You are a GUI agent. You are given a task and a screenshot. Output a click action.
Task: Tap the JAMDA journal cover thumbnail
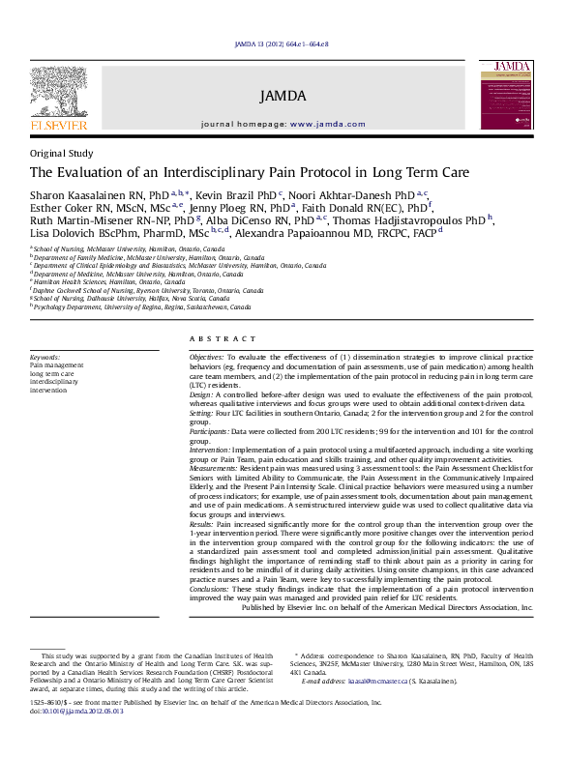coord(506,94)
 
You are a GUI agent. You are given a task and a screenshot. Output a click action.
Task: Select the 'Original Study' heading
coord(62,153)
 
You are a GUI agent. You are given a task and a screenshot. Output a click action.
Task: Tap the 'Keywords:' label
coord(45,357)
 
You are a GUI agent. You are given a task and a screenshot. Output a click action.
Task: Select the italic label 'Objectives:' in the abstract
coord(206,357)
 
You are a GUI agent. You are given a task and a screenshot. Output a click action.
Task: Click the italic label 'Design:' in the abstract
coord(200,394)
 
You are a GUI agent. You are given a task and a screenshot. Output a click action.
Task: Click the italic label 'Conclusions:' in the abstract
coord(212,588)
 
